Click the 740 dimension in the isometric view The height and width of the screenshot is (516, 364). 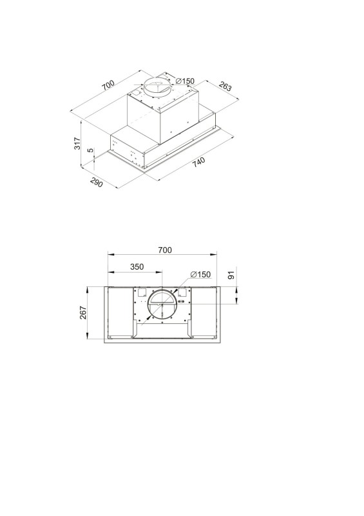(x=199, y=163)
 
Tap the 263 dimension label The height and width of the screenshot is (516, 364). (x=225, y=86)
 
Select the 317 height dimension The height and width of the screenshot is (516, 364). (x=77, y=143)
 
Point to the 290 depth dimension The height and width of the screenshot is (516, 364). (x=96, y=182)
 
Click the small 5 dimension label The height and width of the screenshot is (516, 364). (x=90, y=150)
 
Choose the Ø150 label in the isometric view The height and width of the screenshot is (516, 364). (x=185, y=81)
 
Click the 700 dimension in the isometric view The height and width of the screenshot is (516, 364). (x=108, y=85)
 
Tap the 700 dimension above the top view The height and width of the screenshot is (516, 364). (x=165, y=250)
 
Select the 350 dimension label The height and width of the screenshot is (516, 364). (x=137, y=266)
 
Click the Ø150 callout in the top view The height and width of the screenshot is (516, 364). (x=200, y=274)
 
